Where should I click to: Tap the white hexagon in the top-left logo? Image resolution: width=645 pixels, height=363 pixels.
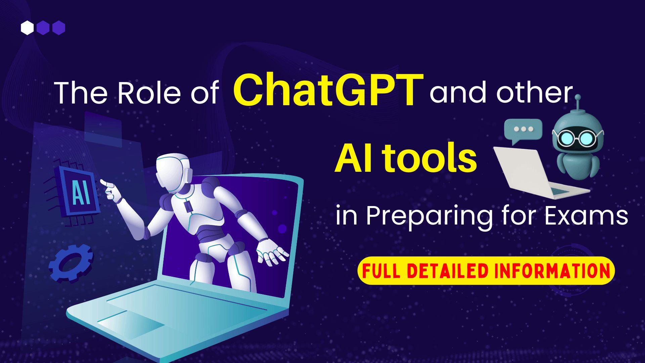pyautogui.click(x=27, y=28)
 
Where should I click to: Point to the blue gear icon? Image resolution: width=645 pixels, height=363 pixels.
pyautogui.click(x=71, y=263)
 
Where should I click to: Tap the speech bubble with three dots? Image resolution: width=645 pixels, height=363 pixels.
pyautogui.click(x=523, y=130)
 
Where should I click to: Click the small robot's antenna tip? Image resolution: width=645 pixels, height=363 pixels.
pyautogui.click(x=578, y=98)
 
